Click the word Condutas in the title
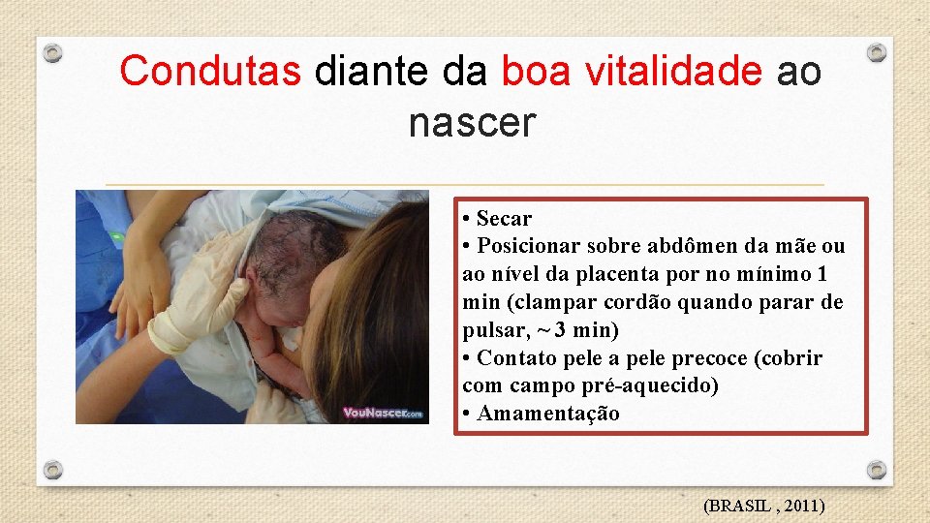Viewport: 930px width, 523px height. coord(210,72)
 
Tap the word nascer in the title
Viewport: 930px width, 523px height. coord(471,123)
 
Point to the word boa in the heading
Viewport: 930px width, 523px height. coord(533,72)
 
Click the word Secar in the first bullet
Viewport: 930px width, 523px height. coord(504,219)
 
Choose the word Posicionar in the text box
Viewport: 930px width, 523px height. coord(524,247)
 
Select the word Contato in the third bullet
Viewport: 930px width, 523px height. coord(515,358)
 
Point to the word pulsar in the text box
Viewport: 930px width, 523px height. coord(492,330)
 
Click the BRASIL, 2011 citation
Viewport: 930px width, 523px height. coord(763,505)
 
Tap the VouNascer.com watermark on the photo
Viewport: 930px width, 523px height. coord(384,413)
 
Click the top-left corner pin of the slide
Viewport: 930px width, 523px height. coord(54,53)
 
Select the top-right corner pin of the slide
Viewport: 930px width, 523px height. coord(876,52)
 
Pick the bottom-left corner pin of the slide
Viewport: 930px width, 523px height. coord(54,470)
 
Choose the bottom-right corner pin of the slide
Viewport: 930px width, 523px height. coord(876,470)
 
